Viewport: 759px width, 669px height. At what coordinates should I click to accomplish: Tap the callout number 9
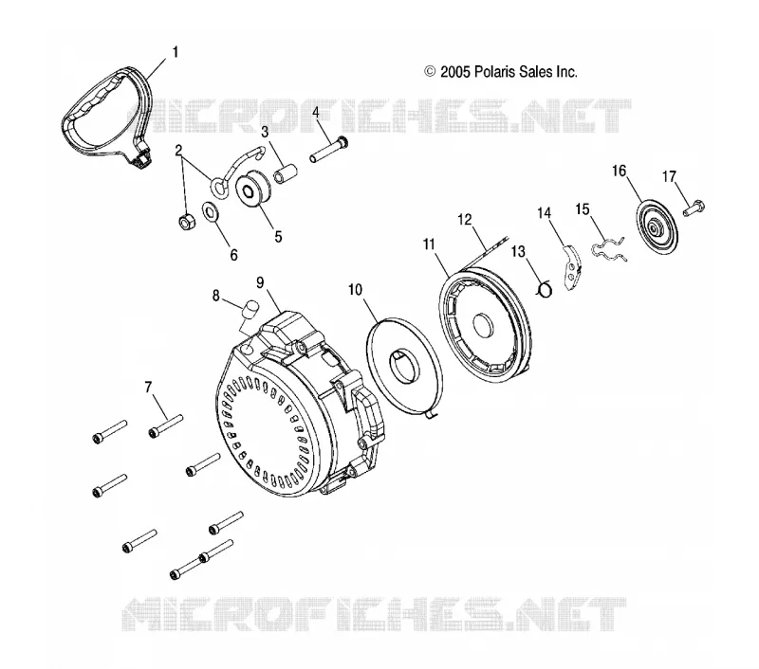click(260, 282)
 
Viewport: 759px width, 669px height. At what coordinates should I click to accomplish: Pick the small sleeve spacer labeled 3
click(286, 173)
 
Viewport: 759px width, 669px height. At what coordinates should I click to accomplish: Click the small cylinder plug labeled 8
click(250, 308)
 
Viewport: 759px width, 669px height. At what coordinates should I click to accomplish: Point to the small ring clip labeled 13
click(545, 289)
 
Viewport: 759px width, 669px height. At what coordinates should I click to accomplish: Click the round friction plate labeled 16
click(657, 227)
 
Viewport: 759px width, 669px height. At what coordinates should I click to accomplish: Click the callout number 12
click(464, 220)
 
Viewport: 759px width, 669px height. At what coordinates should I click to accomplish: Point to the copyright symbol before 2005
click(430, 71)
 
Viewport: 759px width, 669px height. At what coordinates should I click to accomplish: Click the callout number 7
click(148, 388)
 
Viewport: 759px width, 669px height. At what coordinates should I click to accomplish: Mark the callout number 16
click(620, 172)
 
